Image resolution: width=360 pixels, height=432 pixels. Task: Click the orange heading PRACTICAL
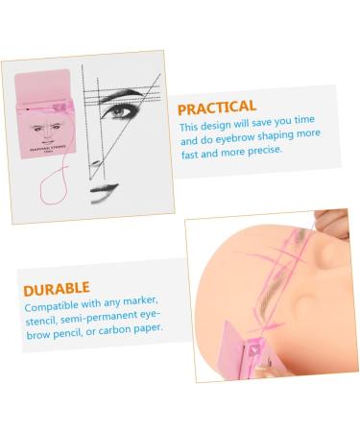pos(216,106)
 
